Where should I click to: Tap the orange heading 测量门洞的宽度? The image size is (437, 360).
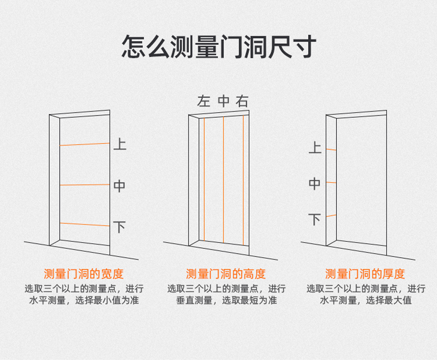click(84, 274)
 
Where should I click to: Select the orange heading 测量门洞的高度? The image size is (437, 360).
click(226, 274)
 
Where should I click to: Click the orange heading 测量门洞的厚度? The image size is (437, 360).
click(365, 274)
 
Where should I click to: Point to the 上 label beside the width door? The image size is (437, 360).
click(119, 145)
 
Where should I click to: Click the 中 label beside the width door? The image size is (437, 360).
click(119, 186)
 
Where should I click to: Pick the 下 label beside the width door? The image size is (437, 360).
click(119, 227)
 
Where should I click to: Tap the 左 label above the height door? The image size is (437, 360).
click(204, 101)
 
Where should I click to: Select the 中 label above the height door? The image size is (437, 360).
click(223, 101)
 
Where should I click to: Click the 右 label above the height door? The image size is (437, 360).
click(242, 101)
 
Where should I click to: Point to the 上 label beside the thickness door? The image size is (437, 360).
click(314, 148)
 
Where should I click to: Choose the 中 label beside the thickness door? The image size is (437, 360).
click(314, 184)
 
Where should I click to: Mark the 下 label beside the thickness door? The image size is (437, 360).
click(314, 220)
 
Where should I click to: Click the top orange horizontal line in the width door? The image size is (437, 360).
click(84, 144)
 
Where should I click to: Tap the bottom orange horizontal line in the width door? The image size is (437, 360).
click(84, 224)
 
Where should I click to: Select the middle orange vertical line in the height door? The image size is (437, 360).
click(223, 180)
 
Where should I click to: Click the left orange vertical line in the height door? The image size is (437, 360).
click(204, 180)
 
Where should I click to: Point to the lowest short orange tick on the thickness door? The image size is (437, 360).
click(331, 216)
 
